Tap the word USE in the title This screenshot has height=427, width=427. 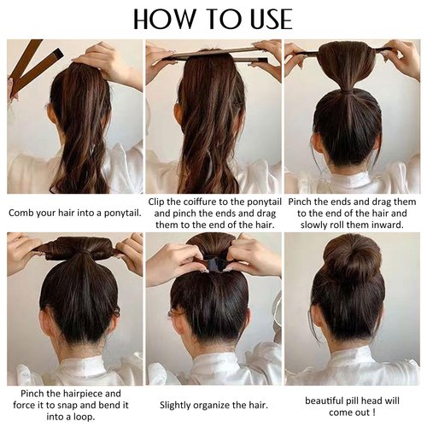pos(265,18)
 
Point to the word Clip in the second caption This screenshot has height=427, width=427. pos(160,202)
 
